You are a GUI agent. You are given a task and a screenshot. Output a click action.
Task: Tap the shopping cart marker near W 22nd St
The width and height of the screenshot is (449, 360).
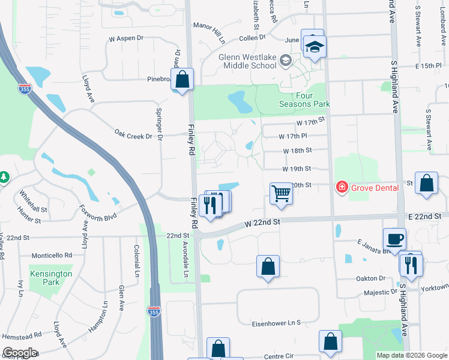pos(280,193)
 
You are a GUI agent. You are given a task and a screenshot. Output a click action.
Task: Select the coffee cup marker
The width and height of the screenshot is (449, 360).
pos(394,239)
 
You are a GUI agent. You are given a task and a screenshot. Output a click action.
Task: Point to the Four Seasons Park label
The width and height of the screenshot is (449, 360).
pos(304,100)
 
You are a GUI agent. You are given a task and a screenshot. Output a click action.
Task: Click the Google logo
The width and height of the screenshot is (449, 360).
pos(20,353)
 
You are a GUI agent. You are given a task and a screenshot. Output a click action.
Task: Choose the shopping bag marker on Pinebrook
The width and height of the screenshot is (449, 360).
pos(183,80)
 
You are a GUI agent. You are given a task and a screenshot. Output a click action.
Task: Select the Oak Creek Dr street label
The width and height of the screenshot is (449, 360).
pos(133,136)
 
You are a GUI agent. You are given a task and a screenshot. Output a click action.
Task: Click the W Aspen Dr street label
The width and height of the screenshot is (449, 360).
pos(127,38)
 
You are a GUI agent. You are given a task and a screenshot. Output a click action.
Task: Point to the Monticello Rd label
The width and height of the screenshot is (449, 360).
pos(52,255)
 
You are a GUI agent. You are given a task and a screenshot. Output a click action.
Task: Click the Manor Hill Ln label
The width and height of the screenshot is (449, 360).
pos(208,34)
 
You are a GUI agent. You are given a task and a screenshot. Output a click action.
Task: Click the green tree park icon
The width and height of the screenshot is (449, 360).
pos(4,177)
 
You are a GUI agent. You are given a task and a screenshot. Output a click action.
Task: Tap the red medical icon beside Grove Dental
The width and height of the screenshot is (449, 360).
pos(342,187)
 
